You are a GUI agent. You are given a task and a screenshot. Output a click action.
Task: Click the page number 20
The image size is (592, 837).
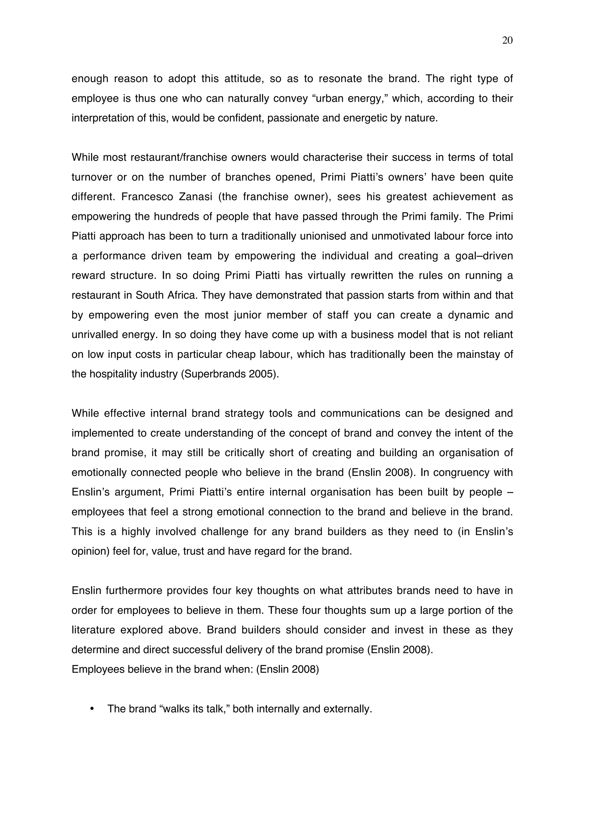point(507,40)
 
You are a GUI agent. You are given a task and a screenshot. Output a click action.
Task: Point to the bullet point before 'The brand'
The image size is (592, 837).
point(92,709)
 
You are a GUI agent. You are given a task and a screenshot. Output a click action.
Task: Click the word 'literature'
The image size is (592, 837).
point(93,630)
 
